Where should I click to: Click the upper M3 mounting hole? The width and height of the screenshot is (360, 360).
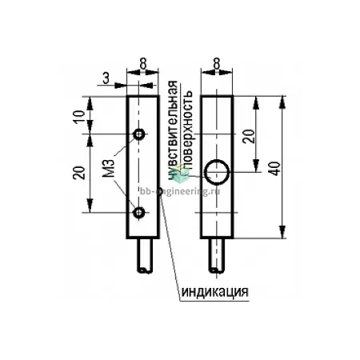[x=139, y=134]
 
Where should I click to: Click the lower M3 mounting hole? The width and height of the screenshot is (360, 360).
[x=139, y=213]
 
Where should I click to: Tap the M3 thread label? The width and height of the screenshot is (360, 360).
[x=108, y=168]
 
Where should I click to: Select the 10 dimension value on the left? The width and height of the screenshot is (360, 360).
[x=80, y=116]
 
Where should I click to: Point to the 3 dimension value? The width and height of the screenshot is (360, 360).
[x=106, y=78]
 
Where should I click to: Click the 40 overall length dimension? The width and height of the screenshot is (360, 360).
[x=275, y=168]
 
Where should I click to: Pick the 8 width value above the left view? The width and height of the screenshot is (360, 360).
[x=143, y=63]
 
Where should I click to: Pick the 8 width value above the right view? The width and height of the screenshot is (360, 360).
[x=217, y=63]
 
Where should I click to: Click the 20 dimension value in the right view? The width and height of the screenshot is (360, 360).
[x=249, y=136]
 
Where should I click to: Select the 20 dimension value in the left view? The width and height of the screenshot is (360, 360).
[x=80, y=173]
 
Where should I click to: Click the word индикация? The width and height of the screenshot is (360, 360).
[x=215, y=292]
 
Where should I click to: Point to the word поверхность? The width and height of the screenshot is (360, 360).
[x=188, y=130]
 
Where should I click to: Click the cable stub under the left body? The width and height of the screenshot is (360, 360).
[x=146, y=255]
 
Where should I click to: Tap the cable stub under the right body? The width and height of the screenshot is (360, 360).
[x=217, y=255]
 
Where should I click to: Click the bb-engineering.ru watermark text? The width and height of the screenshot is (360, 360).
[x=180, y=191]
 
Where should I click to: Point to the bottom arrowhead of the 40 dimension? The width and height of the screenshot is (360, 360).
[x=282, y=231]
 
